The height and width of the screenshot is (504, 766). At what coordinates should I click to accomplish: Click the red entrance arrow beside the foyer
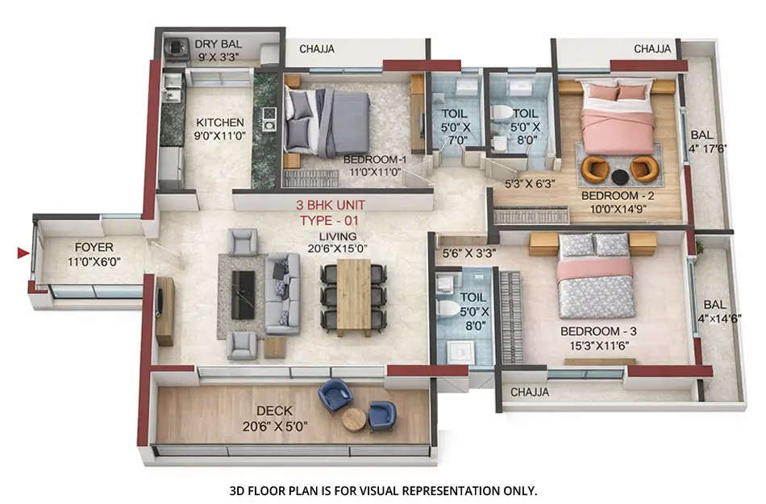point(23,254)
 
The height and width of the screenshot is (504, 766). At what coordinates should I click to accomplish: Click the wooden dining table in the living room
point(353,296)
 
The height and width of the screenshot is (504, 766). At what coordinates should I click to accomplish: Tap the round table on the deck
point(354,419)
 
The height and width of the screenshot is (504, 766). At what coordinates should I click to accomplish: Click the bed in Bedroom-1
point(327,122)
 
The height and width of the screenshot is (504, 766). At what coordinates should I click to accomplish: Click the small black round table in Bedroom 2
point(620,175)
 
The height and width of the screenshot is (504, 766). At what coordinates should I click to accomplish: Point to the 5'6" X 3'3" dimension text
point(469,253)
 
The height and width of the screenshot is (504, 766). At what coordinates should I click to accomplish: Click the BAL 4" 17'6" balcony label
point(704,142)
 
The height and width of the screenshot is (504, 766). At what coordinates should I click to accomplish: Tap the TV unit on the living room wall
point(164,310)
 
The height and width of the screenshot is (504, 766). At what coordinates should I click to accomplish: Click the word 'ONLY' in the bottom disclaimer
point(520,489)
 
